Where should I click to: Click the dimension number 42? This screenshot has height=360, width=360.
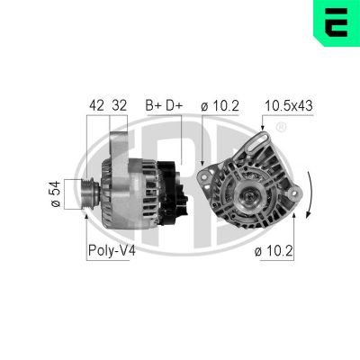click(95, 105)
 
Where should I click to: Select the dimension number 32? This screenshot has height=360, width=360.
click(118, 105)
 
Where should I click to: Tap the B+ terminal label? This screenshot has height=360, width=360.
click(153, 105)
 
